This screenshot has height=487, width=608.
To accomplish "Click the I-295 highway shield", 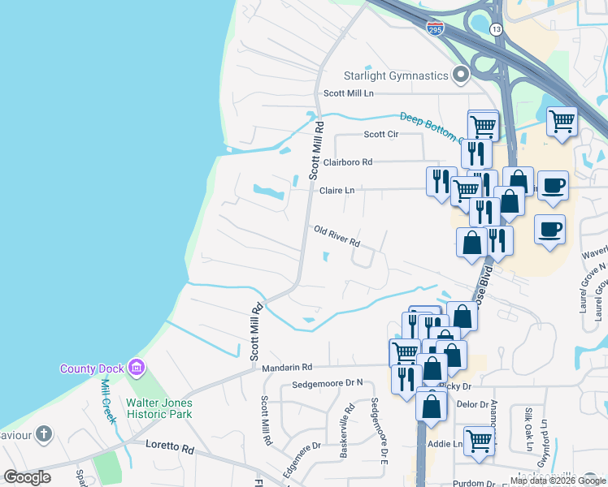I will point(435,28).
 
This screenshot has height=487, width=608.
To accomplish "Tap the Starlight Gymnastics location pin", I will point(462,76).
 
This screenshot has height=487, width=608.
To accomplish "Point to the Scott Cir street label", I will point(380,135).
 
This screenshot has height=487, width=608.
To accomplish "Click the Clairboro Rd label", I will point(347,162).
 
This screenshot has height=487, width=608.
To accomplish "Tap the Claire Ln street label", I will point(337,191).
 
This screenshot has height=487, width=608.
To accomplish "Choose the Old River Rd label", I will point(337,237).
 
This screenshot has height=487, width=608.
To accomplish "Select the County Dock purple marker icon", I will point(136,368).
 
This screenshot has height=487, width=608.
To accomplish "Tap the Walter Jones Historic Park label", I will point(159,408).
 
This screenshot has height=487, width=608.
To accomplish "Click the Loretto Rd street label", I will point(171,446).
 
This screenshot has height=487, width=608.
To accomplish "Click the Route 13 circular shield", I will point(496,28).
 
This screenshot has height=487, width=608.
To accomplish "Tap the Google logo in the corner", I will point(28,476).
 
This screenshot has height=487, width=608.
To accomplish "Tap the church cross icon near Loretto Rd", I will point(43,434).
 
